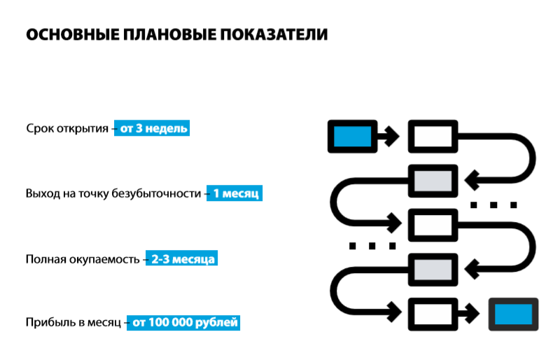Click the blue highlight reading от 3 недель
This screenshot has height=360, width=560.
152,129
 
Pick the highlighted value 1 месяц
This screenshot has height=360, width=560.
236,193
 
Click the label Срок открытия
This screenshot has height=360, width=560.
66,129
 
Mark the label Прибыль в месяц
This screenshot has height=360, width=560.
73,324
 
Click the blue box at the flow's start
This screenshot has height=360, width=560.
352,135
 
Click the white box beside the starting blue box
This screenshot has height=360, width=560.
433,135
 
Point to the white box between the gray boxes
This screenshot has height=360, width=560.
433,224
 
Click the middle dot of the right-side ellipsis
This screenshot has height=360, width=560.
493,205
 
